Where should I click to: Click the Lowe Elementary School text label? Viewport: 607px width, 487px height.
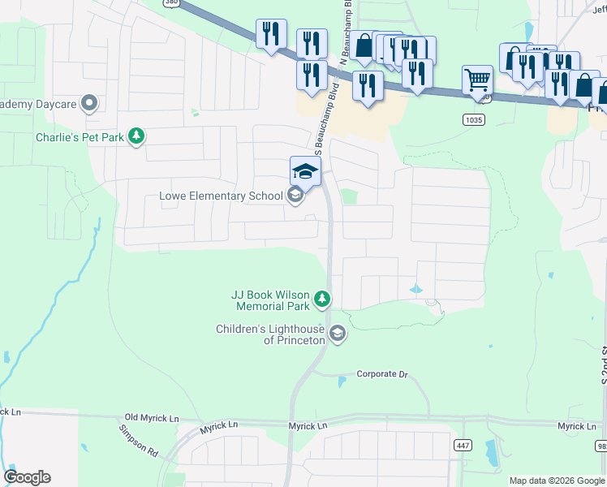221,196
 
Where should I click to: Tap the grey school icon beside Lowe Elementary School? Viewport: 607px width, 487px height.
295,195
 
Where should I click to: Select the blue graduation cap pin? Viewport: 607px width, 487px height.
305,170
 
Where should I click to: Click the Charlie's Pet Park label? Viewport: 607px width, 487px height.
80,137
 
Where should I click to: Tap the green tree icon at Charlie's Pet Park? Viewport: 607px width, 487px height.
137,136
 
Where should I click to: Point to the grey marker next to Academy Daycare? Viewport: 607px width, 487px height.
89,104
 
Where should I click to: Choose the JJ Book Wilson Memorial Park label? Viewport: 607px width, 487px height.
272,300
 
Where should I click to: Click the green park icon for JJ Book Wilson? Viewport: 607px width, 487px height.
322,300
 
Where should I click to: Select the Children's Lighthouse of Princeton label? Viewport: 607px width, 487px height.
270,334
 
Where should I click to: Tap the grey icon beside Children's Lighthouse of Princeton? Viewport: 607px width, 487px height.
337,333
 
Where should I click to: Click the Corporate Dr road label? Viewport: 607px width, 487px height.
381,374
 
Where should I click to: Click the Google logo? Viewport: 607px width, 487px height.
27,477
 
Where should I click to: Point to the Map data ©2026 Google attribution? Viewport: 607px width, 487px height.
557,481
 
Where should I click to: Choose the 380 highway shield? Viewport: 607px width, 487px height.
170,2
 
